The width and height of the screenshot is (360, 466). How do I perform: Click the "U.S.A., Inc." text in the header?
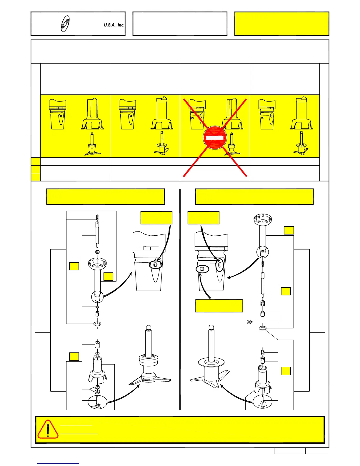(x=114, y=25)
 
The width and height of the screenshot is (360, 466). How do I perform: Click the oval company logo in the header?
(x=65, y=24)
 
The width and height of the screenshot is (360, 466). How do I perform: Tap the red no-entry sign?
(x=215, y=138)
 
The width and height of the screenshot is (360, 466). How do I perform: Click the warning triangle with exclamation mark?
(x=48, y=429)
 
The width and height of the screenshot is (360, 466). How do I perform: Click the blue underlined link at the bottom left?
(x=58, y=463)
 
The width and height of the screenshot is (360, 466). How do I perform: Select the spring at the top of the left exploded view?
(x=97, y=217)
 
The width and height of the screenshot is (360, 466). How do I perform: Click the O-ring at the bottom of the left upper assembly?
(x=97, y=324)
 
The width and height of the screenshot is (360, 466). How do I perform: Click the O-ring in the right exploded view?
(x=263, y=328)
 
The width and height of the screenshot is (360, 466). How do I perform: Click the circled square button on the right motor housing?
(x=202, y=269)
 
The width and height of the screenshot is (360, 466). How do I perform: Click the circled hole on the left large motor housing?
(x=156, y=265)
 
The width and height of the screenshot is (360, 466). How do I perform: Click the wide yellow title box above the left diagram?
(x=105, y=197)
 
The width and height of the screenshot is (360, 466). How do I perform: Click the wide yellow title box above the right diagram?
(x=254, y=197)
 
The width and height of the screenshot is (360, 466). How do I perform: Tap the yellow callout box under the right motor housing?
(x=219, y=306)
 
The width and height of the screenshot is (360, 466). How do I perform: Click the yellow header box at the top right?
(x=281, y=24)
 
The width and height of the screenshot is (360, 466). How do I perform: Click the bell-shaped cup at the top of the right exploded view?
(x=263, y=220)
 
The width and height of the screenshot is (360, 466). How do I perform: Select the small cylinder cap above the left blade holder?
(x=97, y=344)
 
